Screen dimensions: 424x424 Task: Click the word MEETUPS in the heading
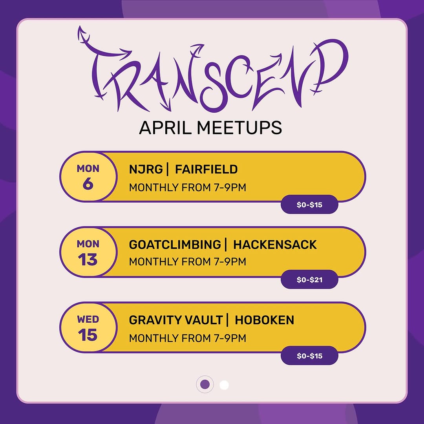coord(239,128)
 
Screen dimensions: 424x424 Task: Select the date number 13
coord(88,260)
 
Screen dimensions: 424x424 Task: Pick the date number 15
coord(88,335)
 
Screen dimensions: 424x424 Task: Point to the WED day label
coord(88,319)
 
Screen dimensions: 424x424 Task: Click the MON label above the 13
coord(88,244)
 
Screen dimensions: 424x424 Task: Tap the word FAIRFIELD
coord(206,170)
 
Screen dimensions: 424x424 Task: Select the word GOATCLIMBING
coord(175,245)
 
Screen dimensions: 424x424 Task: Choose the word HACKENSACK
coord(275,245)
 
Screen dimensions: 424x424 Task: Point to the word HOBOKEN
coord(264,320)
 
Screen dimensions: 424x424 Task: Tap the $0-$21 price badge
coord(309,280)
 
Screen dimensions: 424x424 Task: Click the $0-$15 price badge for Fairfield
coord(309,205)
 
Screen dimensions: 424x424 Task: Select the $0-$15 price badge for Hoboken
coord(309,356)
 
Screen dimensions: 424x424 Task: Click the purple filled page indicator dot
coord(205,384)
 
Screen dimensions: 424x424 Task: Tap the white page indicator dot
coord(224,385)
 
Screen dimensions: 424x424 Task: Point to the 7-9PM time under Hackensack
coord(229,261)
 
